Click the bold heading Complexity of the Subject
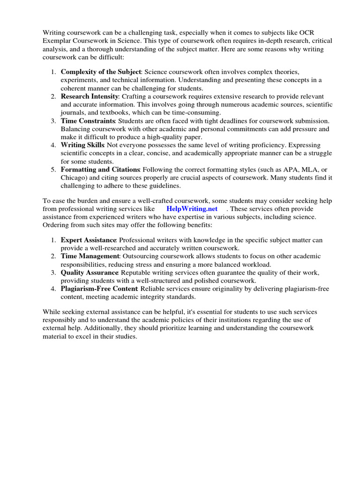coord(101,72)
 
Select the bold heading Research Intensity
coord(90,96)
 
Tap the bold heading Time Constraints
coord(88,120)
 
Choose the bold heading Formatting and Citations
coord(100,169)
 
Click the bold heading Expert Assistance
coord(88,240)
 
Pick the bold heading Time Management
coord(90,256)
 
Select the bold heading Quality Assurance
coord(90,272)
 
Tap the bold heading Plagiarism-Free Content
coord(99,288)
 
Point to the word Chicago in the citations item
coord(73,178)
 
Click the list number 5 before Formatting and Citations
coord(53,169)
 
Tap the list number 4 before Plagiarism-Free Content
coord(53,288)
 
